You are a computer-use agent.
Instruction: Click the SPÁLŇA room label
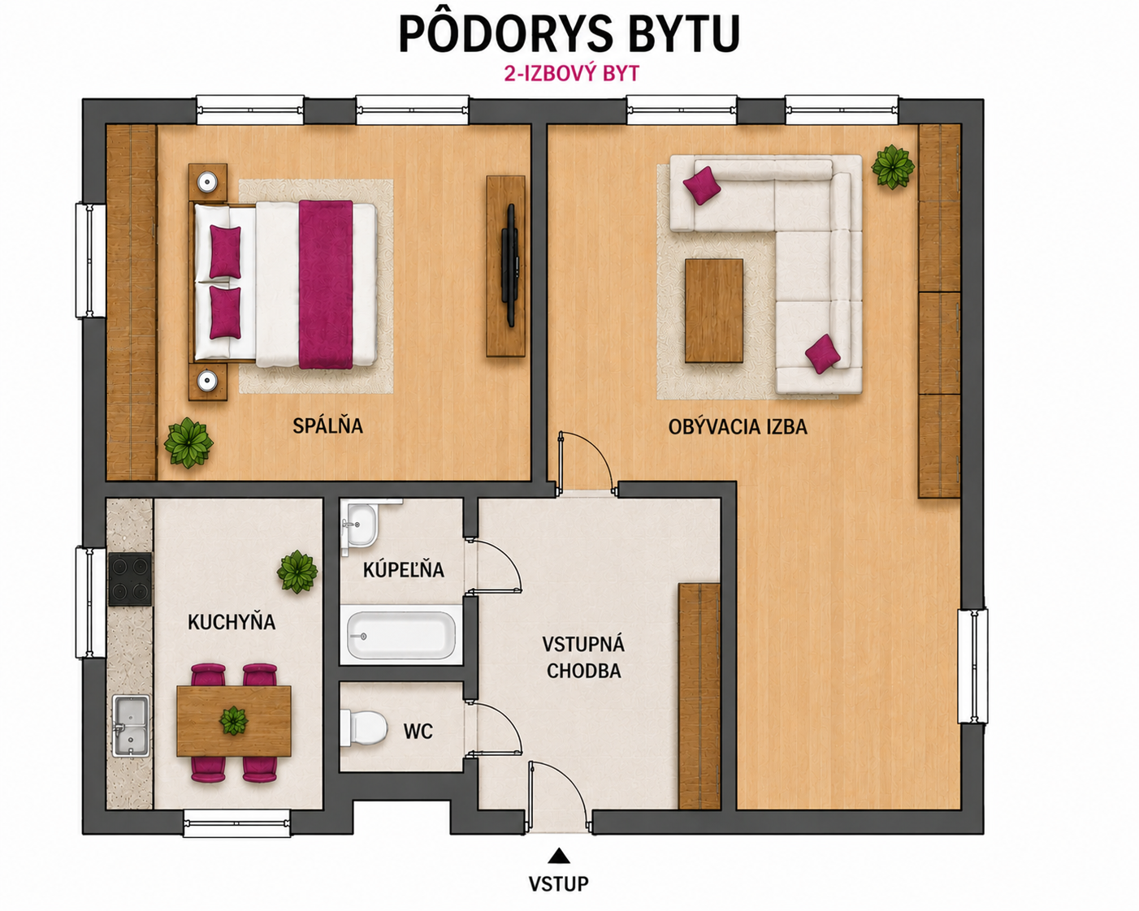[327, 425]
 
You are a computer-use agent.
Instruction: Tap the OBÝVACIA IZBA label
[738, 426]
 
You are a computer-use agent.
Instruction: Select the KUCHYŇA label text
[232, 622]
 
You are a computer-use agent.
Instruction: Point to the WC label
[418, 732]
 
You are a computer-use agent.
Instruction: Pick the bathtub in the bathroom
[401, 635]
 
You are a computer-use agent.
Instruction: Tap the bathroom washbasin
[361, 526]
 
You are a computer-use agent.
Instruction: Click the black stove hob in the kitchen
[130, 579]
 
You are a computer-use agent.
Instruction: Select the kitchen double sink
[131, 725]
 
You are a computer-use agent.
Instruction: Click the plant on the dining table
[233, 720]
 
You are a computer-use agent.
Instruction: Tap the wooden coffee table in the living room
[714, 310]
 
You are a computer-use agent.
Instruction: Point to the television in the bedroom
[509, 265]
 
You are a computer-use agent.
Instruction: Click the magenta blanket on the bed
[326, 284]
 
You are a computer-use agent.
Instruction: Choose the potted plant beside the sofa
[893, 166]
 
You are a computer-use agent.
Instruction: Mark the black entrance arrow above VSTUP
[558, 856]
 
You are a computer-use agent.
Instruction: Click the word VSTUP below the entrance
[558, 883]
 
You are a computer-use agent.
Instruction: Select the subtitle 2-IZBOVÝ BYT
[572, 74]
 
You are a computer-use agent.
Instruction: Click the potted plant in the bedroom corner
[188, 443]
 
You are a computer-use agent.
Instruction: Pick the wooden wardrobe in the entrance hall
[699, 696]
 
